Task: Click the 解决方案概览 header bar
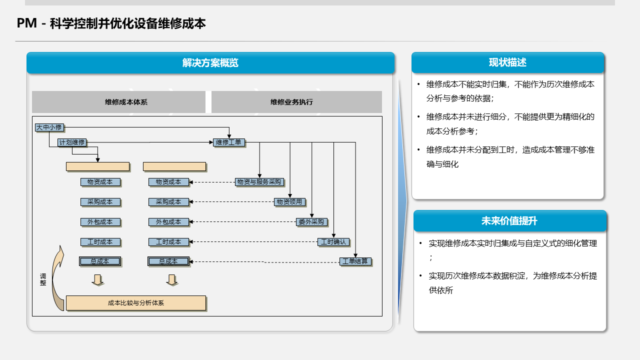(210, 63)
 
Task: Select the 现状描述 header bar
(507, 62)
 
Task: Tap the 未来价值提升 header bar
(509, 221)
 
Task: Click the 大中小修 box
(49, 127)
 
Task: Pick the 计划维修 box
(72, 142)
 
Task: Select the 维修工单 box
(228, 142)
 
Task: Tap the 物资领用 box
(289, 202)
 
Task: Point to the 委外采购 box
(311, 222)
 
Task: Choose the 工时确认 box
(333, 242)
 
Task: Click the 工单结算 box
(355, 261)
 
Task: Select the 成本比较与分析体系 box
(136, 303)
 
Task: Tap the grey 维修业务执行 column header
(296, 102)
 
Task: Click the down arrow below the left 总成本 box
(98, 280)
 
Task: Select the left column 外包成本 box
(100, 222)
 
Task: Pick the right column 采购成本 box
(168, 202)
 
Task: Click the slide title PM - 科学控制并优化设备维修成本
(111, 23)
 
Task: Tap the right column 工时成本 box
(168, 242)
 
